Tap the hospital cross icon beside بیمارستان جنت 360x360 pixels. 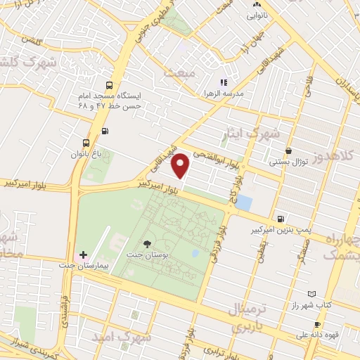click(82, 254)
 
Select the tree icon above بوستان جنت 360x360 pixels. click(146, 243)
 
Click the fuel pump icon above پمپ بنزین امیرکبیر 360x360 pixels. click(281, 219)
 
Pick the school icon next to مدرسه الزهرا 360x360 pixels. click(224, 82)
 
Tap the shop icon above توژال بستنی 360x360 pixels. click(288, 150)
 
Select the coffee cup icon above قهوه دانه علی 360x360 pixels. click(317, 324)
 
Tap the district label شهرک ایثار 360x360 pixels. click(256, 133)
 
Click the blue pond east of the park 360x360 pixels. click(244, 203)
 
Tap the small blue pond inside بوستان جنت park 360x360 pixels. click(195, 253)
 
